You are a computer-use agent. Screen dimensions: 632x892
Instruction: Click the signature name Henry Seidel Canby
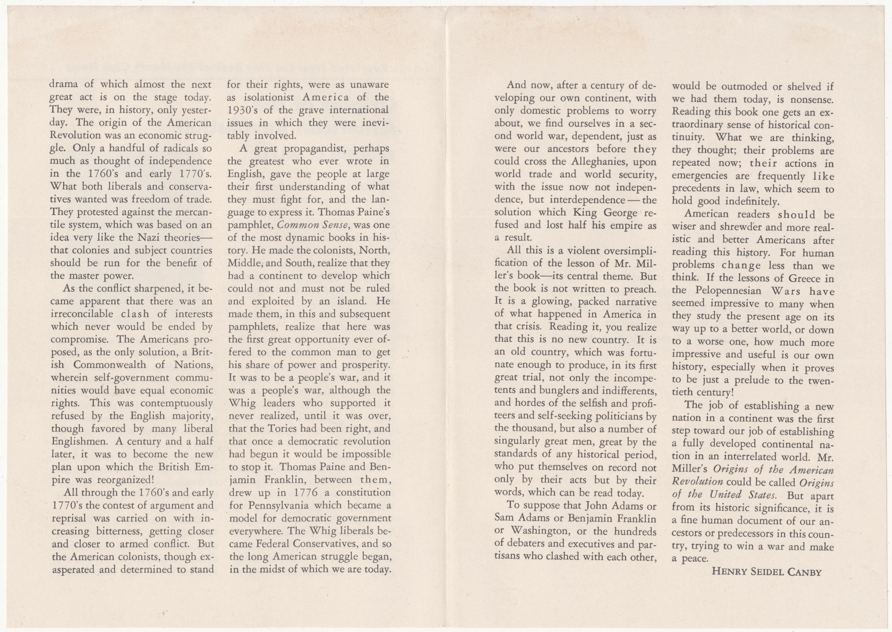(767, 572)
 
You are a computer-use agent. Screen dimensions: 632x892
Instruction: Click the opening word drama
(64, 85)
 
